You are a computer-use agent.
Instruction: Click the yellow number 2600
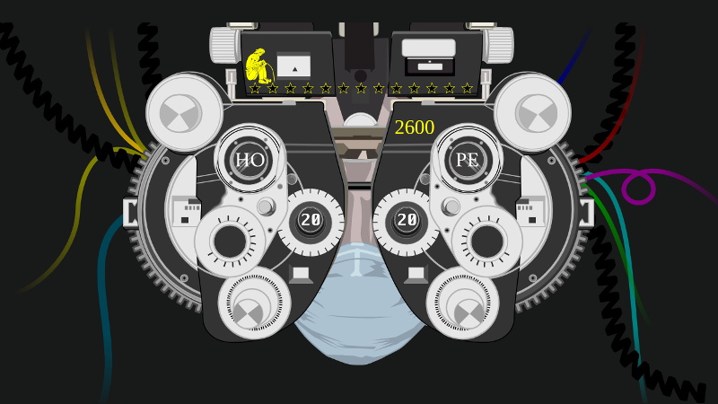tap(414, 128)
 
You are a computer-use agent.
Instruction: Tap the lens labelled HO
tap(250, 161)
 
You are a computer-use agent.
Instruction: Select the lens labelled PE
tap(468, 161)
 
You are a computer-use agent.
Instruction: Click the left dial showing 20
tap(311, 220)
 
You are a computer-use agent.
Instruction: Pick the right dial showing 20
tap(407, 220)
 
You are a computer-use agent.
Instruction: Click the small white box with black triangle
tap(293, 66)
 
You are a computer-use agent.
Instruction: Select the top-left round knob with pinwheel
tap(184, 112)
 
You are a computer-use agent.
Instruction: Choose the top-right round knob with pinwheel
tap(533, 112)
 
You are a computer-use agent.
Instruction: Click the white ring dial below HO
tap(231, 241)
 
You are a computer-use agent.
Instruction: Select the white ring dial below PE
tap(486, 241)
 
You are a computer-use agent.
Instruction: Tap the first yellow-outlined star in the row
tap(255, 88)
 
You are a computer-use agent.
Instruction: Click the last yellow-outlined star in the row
tap(467, 88)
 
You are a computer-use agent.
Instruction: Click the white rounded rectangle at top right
tap(428, 48)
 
